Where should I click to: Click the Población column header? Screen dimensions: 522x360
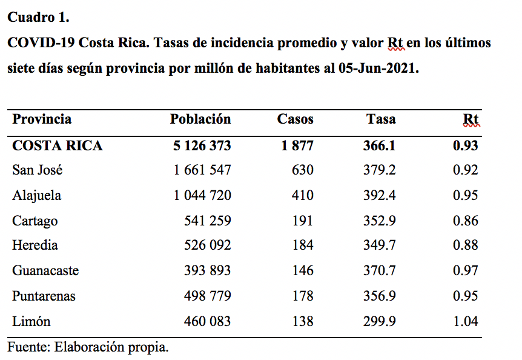point(200,119)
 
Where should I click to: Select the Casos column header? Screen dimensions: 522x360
point(296,119)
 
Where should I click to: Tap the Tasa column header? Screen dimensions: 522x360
point(381,119)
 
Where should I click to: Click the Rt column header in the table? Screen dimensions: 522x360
point(471,119)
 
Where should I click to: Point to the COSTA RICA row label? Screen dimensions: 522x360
point(58,146)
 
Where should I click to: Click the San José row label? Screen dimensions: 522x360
point(38,170)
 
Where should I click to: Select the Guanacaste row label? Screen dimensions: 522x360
point(45,270)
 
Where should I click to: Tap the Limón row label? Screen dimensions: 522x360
point(31,321)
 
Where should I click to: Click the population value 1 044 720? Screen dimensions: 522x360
point(202,195)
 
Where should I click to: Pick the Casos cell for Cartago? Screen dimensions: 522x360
point(303,221)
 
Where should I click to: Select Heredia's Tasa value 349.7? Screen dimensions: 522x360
point(380,245)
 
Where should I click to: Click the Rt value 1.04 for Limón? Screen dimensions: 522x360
point(466,321)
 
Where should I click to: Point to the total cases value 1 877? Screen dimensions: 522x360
point(297,146)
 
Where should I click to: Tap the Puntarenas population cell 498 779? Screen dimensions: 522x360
point(207,296)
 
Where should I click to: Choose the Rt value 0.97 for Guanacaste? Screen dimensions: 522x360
point(466,270)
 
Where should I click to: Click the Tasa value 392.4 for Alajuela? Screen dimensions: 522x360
point(380,195)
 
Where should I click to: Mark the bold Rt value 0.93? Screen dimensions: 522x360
point(466,146)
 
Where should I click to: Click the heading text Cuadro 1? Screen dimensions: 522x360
point(38,18)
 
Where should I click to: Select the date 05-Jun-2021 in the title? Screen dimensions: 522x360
point(378,68)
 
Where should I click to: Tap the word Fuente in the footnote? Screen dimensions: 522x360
point(28,347)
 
